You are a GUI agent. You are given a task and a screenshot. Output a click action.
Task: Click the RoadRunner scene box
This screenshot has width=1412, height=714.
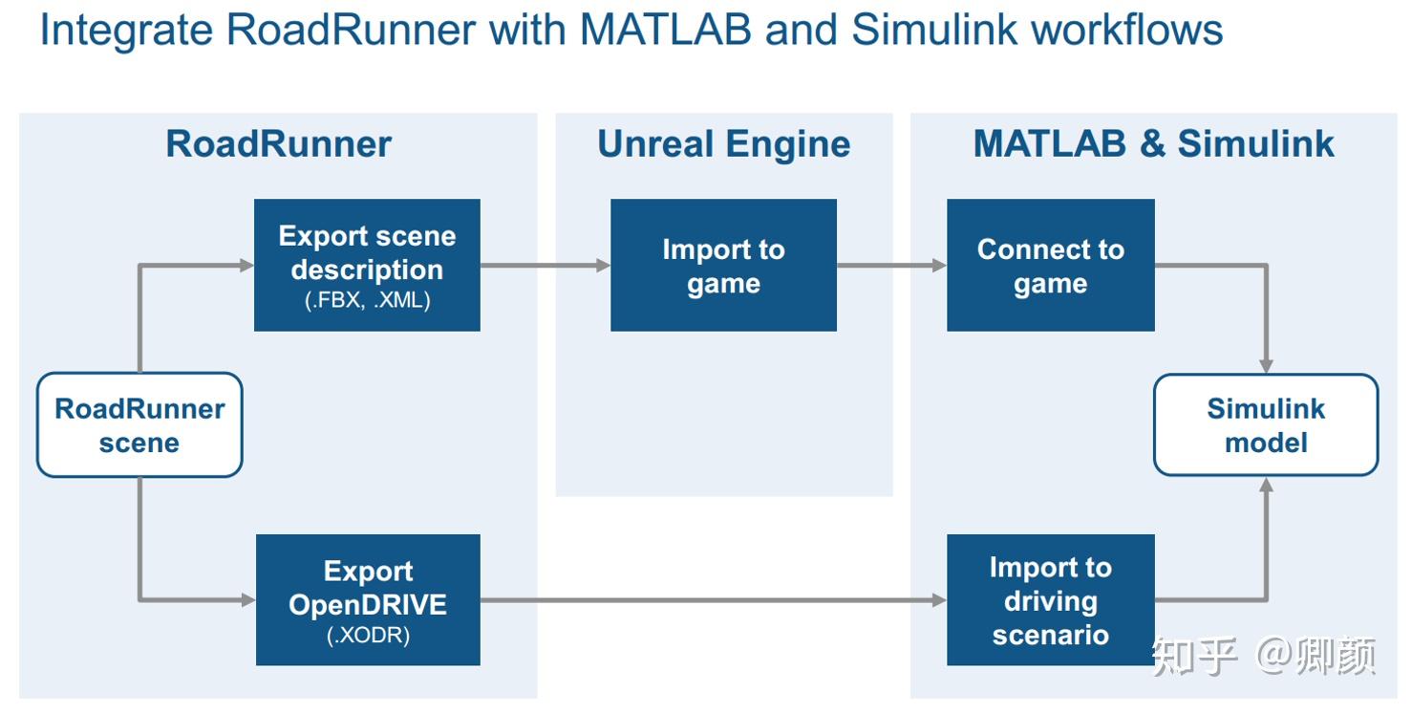pos(139,425)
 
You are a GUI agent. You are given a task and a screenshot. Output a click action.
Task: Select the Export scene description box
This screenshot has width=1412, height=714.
pos(367,265)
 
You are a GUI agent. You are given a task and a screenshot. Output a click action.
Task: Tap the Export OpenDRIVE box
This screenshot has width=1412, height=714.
pos(368,599)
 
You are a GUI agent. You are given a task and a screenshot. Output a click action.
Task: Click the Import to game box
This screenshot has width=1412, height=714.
pos(723,265)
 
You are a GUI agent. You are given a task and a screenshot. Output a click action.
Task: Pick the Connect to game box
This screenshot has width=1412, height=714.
pos(1050,265)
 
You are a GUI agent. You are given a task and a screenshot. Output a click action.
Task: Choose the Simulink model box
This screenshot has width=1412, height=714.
pos(1266,425)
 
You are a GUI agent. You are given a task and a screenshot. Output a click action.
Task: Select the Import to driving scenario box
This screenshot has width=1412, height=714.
pos(1050,599)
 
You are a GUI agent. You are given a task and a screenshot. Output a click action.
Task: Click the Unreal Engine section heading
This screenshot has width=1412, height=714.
pos(723,144)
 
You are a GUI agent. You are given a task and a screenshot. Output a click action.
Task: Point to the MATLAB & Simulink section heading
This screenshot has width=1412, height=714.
pos(1153,144)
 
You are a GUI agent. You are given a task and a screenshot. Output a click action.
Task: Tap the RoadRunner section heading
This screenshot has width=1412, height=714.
pos(278,144)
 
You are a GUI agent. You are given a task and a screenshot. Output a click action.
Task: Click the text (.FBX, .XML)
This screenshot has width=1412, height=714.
pos(367,300)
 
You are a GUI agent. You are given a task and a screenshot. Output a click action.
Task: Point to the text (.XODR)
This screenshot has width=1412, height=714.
pos(368,635)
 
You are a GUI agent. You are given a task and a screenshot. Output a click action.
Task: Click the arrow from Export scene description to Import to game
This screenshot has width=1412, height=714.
pos(545,266)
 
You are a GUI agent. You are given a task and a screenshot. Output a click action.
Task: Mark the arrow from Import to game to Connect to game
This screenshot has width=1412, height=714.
pos(891,266)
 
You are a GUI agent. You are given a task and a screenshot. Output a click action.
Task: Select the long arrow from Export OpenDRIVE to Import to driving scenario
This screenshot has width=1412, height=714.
pos(712,600)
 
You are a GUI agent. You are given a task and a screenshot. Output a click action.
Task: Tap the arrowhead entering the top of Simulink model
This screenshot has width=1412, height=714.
pos(1266,365)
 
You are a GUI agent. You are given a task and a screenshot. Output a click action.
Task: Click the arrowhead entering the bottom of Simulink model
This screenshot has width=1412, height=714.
pos(1266,486)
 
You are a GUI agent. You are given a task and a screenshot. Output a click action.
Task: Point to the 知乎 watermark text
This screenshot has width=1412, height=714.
pos(1193,657)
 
